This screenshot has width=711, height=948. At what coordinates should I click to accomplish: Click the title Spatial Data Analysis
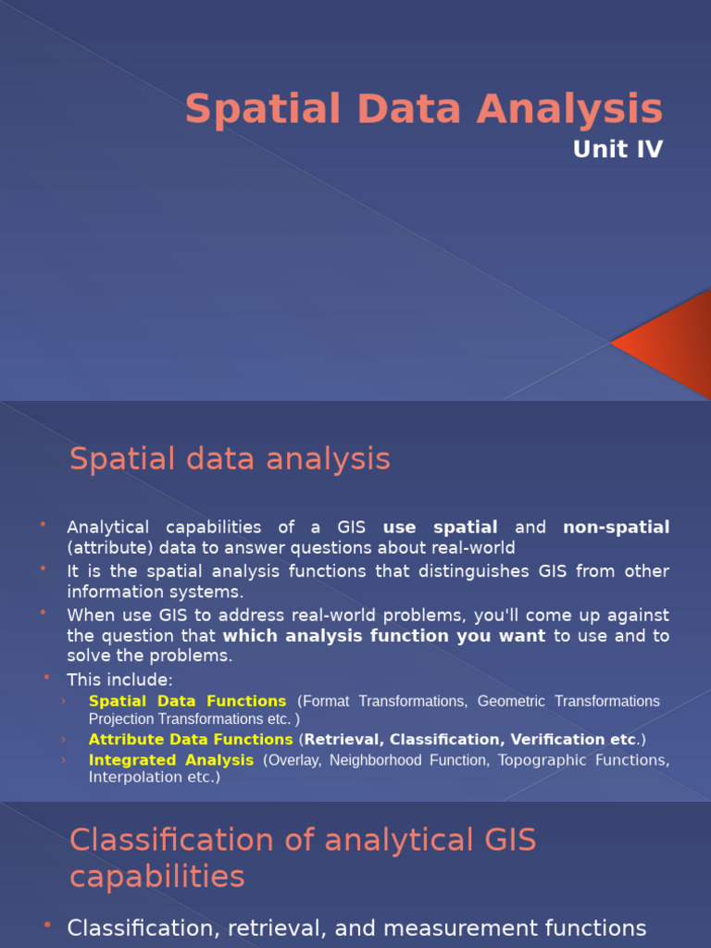[x=424, y=109]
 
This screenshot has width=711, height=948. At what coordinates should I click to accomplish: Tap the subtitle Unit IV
[x=617, y=150]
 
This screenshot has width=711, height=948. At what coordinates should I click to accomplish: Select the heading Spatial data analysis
[x=230, y=459]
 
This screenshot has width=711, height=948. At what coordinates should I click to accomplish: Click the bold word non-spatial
[x=616, y=528]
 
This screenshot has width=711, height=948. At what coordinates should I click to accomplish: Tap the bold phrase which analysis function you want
[x=384, y=636]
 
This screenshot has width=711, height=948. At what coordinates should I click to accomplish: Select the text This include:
[x=119, y=680]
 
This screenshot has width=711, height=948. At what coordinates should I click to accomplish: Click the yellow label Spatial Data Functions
[x=187, y=702]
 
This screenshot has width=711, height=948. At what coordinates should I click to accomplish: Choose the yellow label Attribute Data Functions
[x=191, y=740]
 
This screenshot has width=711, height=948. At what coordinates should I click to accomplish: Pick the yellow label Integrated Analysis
[x=170, y=760]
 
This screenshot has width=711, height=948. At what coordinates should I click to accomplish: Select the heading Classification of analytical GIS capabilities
[x=303, y=857]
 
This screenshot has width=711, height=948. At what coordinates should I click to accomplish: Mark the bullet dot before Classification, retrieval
[x=47, y=926]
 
